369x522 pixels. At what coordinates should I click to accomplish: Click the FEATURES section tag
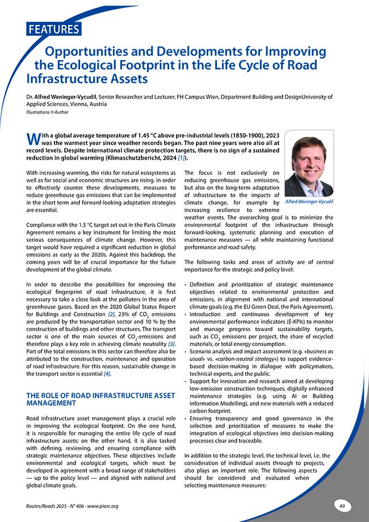click(x=53, y=29)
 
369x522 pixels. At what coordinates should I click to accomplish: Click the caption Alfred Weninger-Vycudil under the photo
click(x=309, y=202)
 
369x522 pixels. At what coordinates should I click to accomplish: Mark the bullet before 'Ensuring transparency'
click(x=186, y=419)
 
